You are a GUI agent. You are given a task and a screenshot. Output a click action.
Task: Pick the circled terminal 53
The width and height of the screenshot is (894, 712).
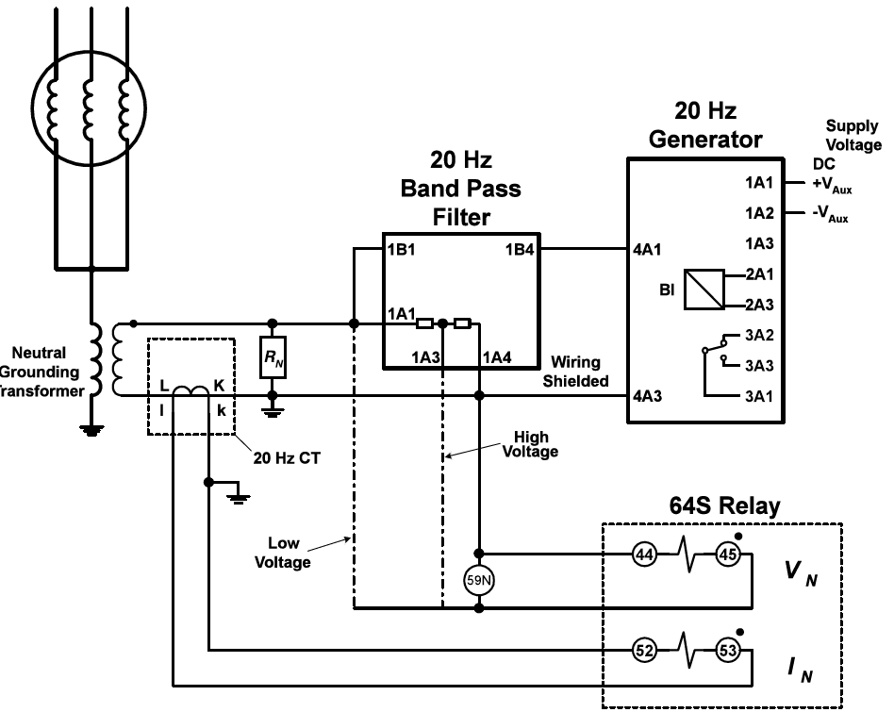tap(728, 650)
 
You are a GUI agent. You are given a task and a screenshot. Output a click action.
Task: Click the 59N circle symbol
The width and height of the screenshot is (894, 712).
tap(480, 581)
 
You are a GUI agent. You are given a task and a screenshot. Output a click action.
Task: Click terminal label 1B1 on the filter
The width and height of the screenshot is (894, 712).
tap(401, 250)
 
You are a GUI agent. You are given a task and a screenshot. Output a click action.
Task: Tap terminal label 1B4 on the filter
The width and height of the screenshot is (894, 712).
tap(520, 250)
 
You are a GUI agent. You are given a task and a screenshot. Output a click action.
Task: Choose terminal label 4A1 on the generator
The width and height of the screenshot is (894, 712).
tap(648, 251)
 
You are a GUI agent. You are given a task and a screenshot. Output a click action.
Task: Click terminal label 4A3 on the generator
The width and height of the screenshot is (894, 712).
tap(648, 396)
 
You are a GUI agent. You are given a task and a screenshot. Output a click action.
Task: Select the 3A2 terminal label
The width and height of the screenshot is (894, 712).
tap(759, 335)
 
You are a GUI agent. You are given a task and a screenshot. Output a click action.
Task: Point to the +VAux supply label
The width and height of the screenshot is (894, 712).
tap(830, 186)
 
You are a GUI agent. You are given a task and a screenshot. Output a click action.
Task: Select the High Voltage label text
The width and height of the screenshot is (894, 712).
tap(535, 444)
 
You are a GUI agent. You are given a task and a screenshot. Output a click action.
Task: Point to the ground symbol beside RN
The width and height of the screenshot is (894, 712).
tap(273, 410)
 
